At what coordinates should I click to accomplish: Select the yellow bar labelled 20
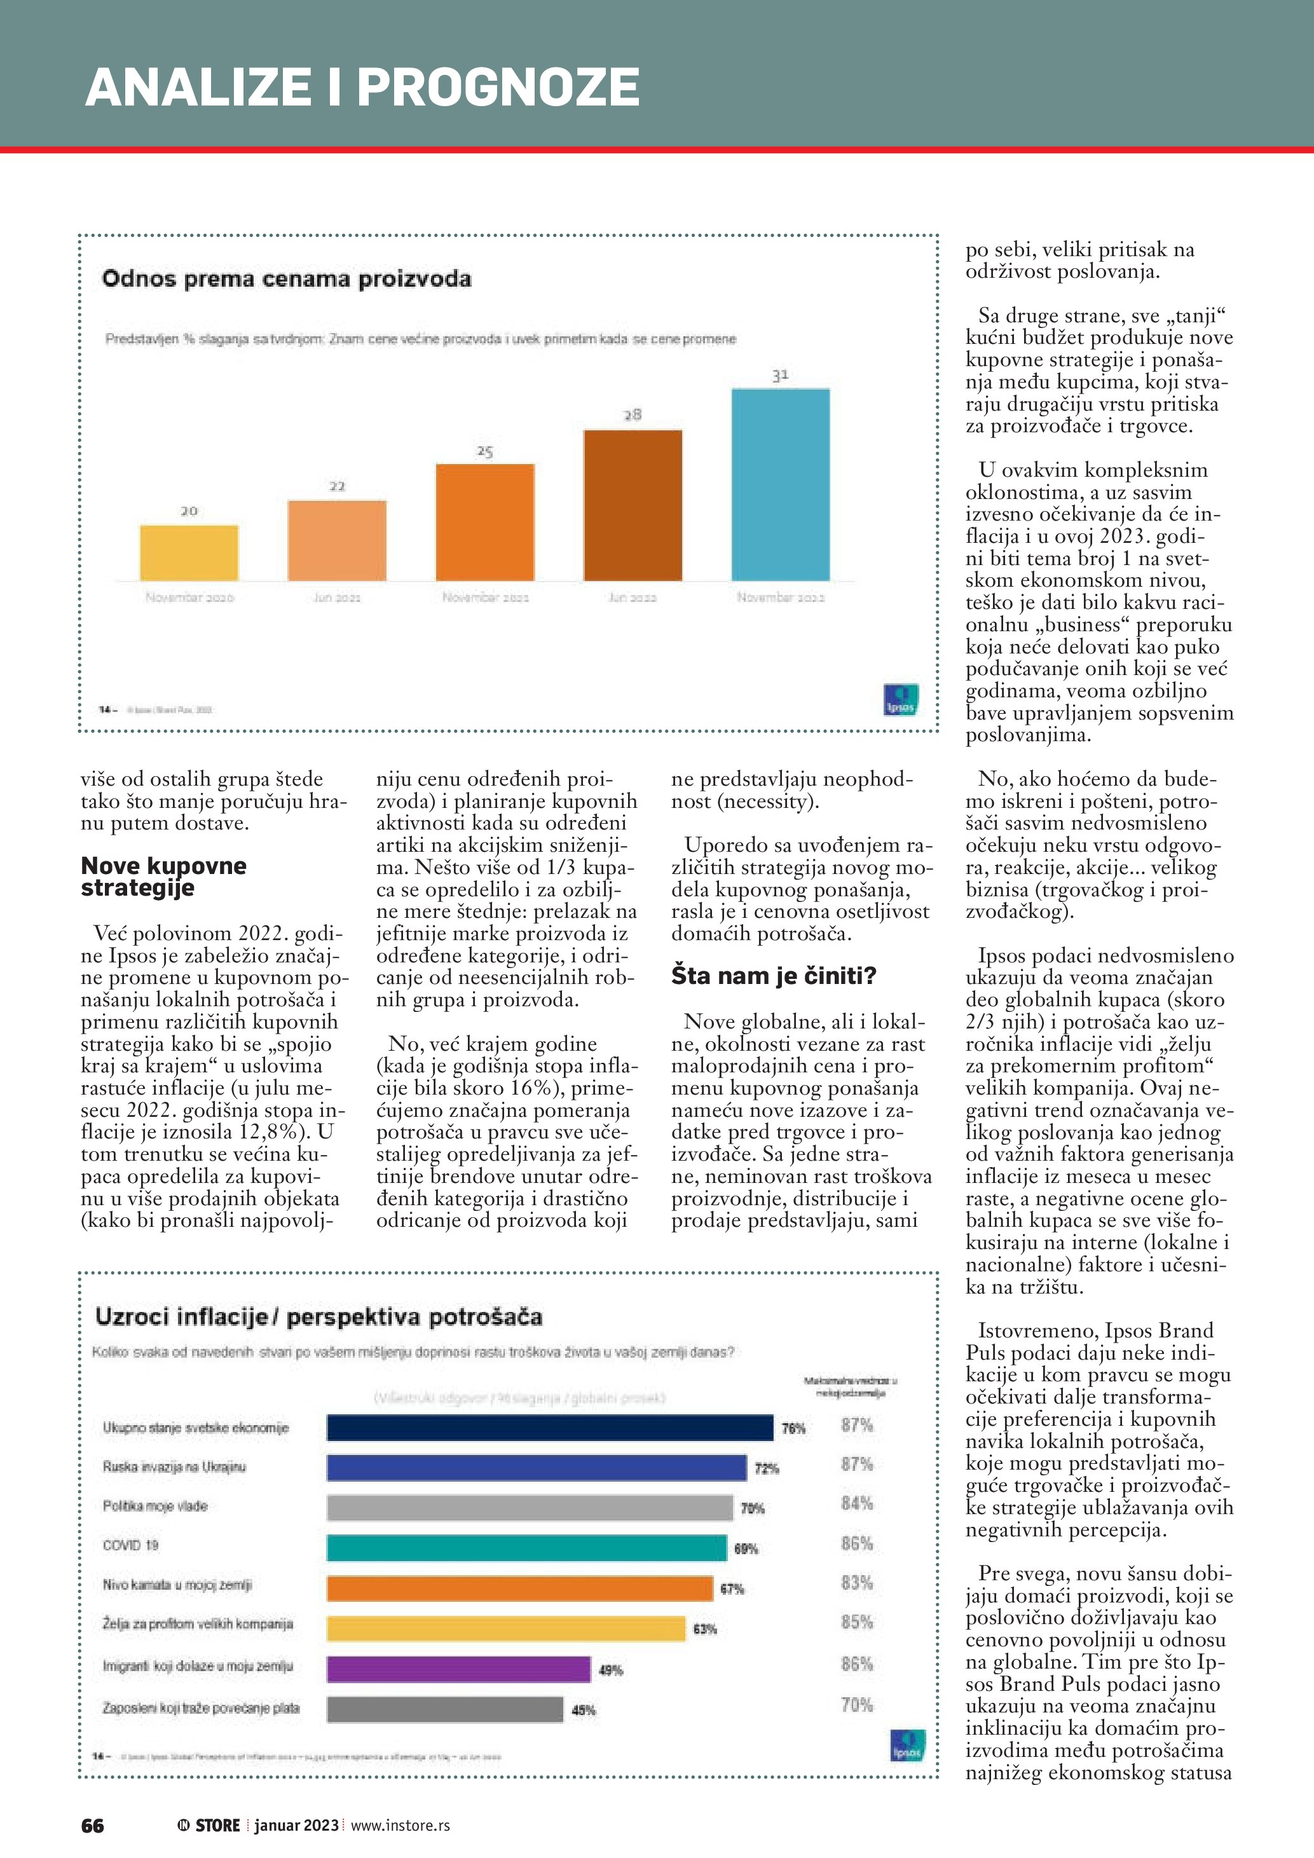click(189, 553)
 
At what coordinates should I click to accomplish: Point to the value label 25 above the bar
click(484, 451)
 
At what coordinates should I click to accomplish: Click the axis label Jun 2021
click(336, 598)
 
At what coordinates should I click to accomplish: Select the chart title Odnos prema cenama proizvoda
click(287, 279)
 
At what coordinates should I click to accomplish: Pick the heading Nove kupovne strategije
click(163, 877)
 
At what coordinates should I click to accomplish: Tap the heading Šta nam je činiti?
click(773, 976)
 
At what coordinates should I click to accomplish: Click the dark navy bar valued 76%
click(549, 1428)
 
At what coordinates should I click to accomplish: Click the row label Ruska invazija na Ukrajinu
click(174, 1467)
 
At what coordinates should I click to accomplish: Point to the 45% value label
click(584, 1710)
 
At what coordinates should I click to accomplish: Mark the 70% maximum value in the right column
click(857, 1705)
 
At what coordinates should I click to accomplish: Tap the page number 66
click(92, 1826)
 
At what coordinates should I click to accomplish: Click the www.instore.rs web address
click(400, 1826)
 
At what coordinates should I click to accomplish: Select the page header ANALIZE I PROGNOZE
click(362, 86)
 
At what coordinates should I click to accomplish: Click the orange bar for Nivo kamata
click(519, 1588)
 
